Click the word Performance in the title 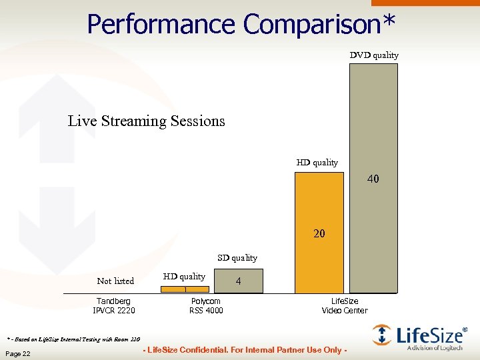161,24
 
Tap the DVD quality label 374,55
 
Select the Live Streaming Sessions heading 147,121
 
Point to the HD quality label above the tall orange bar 317,163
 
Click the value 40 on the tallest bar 373,179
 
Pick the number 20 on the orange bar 319,234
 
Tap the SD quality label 237,258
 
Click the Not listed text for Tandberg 115,281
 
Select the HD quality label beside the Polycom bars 184,277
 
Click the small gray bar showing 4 238,281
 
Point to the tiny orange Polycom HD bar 185,289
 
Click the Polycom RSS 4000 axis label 206,306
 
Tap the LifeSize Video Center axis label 345,306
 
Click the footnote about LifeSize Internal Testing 74,337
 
